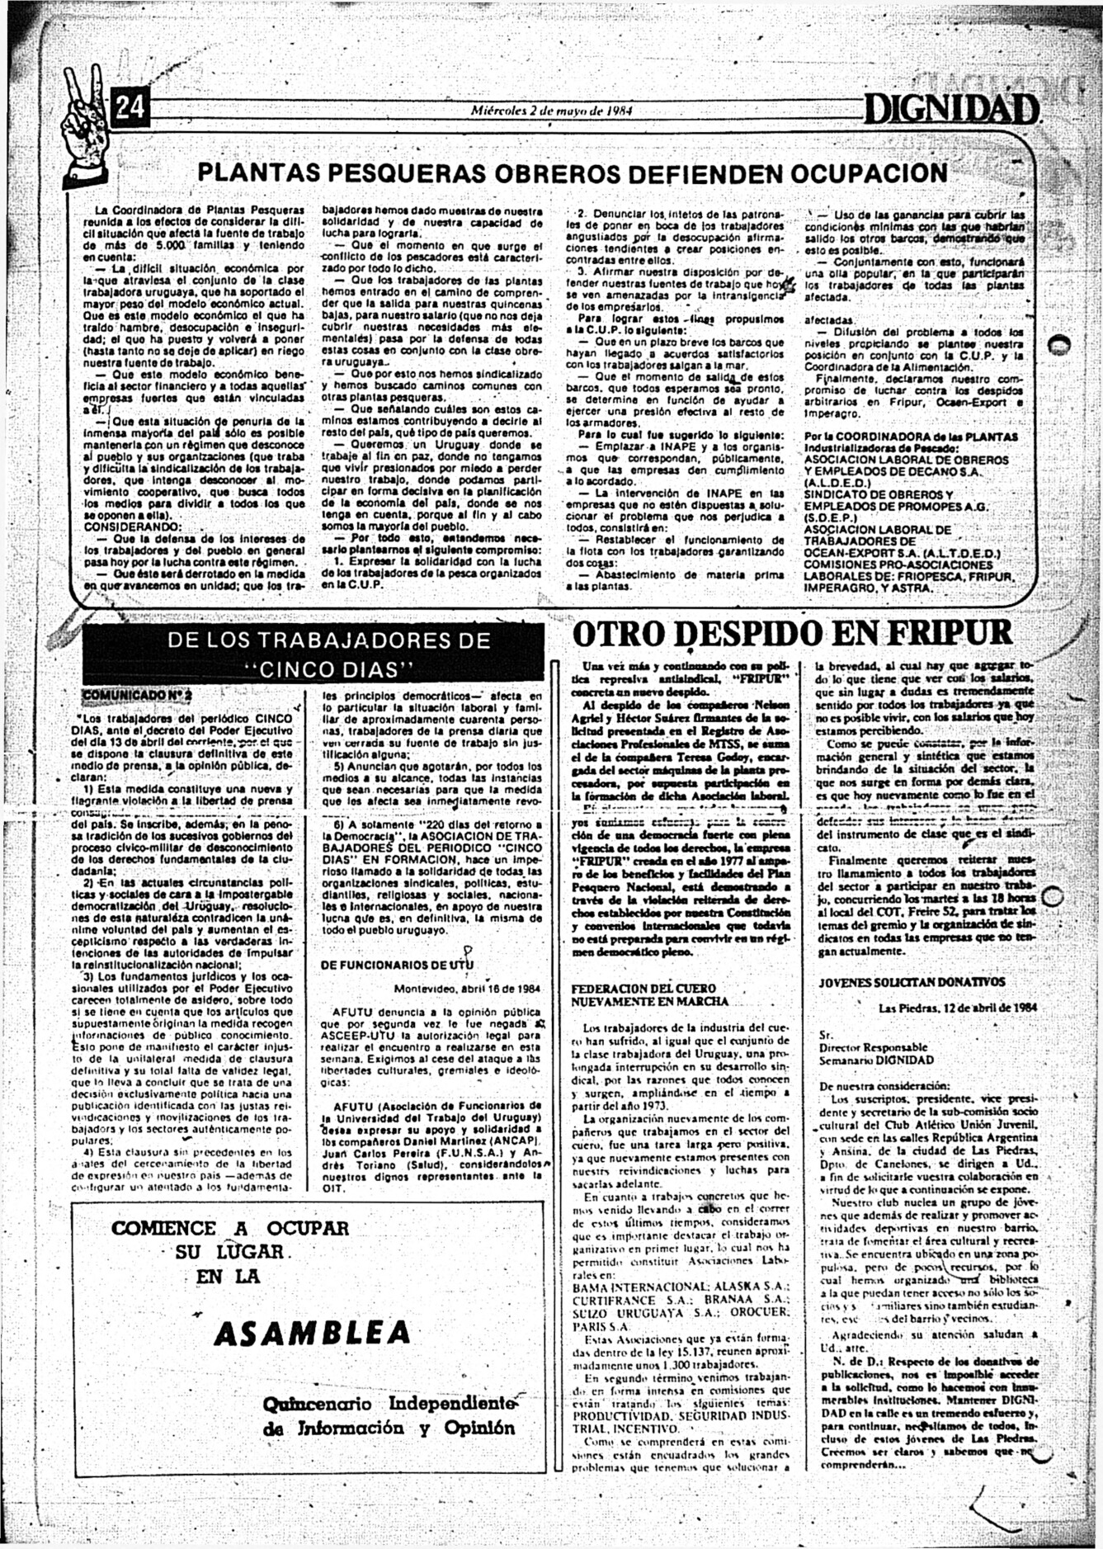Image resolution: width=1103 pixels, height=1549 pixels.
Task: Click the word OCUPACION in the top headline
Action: coord(869,173)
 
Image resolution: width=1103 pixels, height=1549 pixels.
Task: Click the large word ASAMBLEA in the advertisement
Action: coord(311,1332)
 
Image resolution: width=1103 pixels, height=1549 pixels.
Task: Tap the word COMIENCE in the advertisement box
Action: coord(164,1228)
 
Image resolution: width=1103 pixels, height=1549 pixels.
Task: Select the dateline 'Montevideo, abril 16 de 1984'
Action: coord(467,988)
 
